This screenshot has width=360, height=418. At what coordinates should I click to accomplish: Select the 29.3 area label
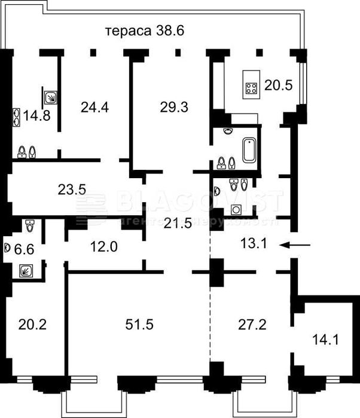(x=174, y=108)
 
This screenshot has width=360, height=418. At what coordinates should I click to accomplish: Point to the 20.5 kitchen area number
(x=278, y=86)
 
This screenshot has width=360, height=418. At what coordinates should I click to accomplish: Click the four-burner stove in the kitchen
(x=250, y=89)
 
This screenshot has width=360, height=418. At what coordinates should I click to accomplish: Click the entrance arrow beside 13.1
(x=298, y=244)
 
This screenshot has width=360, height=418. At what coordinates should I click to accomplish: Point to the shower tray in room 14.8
(x=51, y=96)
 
